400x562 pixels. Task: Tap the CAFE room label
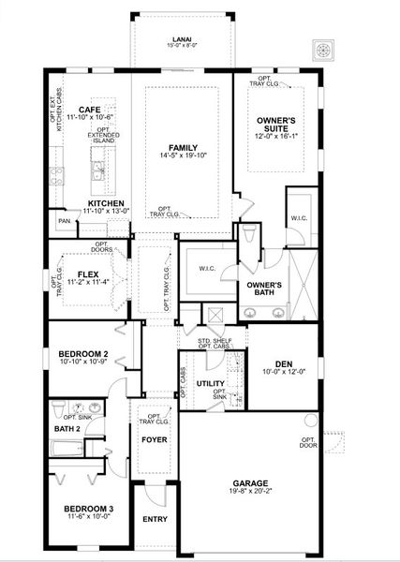tap(89, 110)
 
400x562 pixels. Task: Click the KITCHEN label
tap(105, 202)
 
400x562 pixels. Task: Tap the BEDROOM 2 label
tap(80, 353)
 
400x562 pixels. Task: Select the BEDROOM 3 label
tap(81, 508)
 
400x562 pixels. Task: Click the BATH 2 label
tap(67, 428)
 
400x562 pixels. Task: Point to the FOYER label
tap(154, 438)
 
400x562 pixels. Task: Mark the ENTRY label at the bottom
tap(154, 518)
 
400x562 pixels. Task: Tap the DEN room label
tap(284, 364)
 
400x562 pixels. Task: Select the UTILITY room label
tap(211, 384)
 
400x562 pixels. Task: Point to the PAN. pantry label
tap(65, 221)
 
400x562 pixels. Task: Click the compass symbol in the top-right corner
tap(327, 50)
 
